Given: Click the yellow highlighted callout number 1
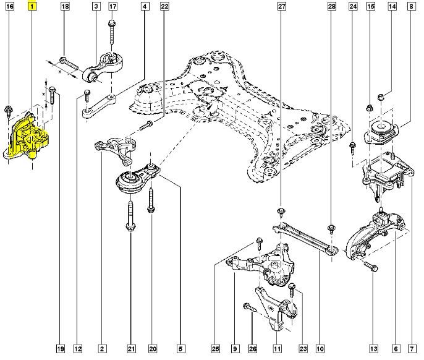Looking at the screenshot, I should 32,7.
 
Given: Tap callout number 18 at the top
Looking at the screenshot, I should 66,7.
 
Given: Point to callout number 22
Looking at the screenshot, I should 164,7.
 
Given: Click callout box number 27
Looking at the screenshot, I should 281,7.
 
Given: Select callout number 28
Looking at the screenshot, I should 331,7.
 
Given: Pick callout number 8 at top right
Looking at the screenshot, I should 411,7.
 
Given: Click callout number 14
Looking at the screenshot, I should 392,7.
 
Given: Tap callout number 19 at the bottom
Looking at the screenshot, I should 61,349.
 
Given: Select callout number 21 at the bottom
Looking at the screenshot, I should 131,349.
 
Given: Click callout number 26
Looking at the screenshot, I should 253,349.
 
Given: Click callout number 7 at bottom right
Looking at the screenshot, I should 411,349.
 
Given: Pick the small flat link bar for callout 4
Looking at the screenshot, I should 98,103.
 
